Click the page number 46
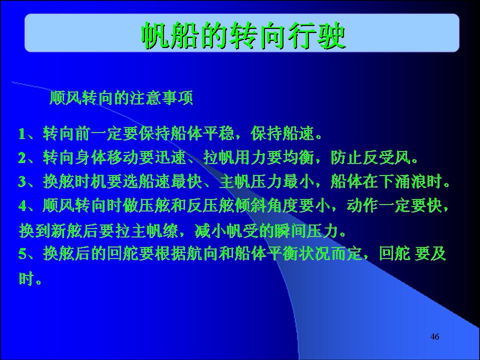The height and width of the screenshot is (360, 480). pyautogui.click(x=434, y=336)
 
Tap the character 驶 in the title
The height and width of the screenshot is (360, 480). pyautogui.click(x=331, y=35)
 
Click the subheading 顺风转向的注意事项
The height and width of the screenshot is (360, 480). pyautogui.click(x=121, y=98)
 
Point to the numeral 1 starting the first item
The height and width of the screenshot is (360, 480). pyautogui.click(x=22, y=134)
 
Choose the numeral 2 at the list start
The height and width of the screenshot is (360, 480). pyautogui.click(x=22, y=157)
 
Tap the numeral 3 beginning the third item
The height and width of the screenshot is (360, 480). pyautogui.click(x=22, y=181)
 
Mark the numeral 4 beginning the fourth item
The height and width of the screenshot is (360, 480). pyautogui.click(x=22, y=205)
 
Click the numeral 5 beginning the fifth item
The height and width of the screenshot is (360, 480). pyautogui.click(x=22, y=254)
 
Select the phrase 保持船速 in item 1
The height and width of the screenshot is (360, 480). pyautogui.click(x=282, y=134)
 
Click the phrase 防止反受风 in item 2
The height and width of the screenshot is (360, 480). pyautogui.click(x=370, y=157)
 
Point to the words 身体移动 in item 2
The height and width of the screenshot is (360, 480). pyautogui.click(x=107, y=157)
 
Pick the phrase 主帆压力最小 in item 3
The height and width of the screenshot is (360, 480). pyautogui.click(x=266, y=181)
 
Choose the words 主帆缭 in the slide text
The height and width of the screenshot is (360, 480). pyautogui.click(x=154, y=230)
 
